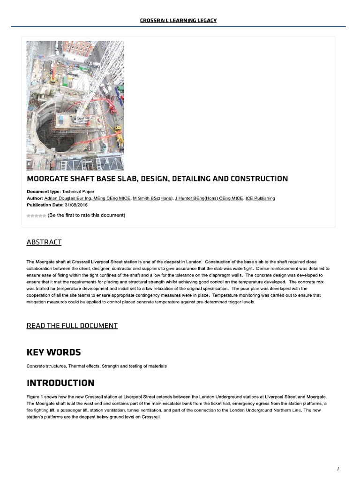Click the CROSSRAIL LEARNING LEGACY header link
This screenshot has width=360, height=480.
[178, 20]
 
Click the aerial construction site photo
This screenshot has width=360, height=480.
[75, 105]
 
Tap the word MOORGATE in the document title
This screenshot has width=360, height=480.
[48, 179]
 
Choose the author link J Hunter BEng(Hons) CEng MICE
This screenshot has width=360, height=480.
[209, 198]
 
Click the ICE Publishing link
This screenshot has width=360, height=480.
[260, 198]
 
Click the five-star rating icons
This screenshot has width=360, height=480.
[36, 216]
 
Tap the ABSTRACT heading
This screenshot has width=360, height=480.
[44, 242]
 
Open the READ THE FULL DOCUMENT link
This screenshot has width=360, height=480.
[72, 325]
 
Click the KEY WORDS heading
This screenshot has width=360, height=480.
[53, 352]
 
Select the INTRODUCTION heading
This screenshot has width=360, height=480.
[60, 382]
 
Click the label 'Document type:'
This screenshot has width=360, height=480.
[44, 192]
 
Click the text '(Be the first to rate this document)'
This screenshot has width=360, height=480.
[86, 216]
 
